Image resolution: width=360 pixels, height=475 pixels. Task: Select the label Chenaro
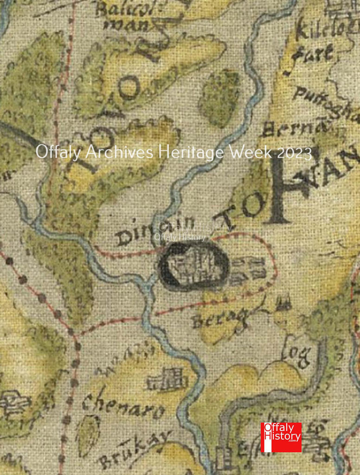pyautogui.click(x=123, y=407)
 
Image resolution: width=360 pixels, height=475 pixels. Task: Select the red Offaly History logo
pyautogui.click(x=281, y=437)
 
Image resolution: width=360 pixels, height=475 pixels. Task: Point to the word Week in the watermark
pyautogui.click(x=251, y=152)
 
